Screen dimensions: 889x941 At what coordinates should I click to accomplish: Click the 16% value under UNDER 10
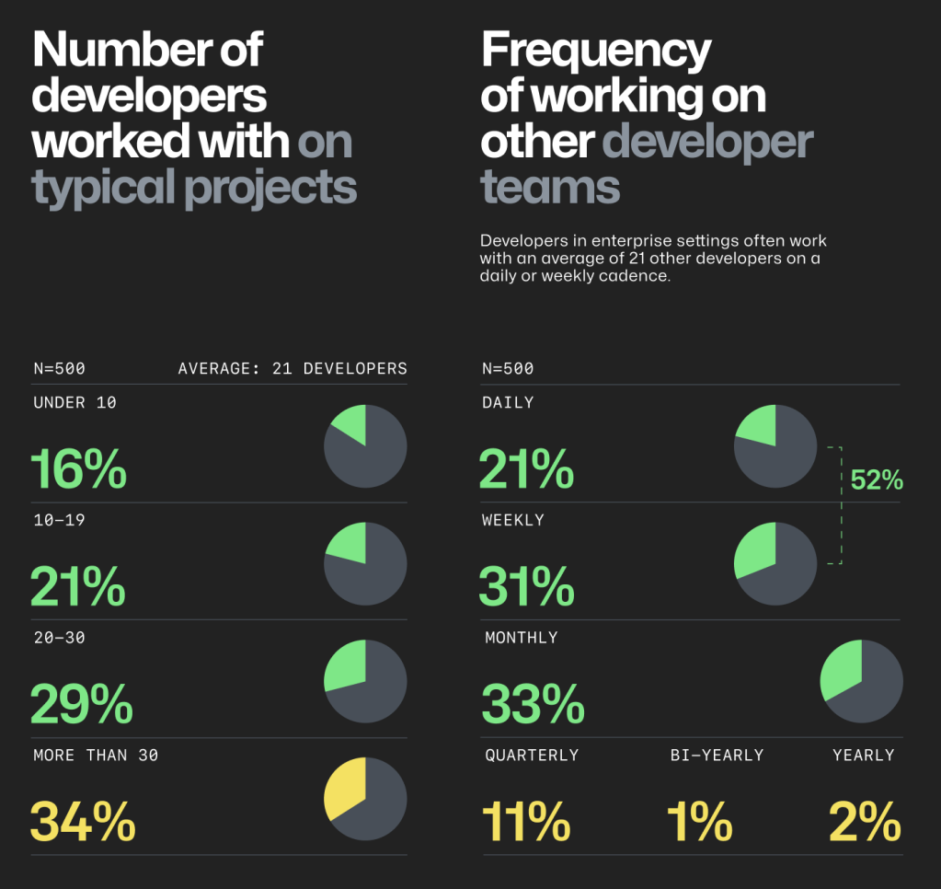click(78, 469)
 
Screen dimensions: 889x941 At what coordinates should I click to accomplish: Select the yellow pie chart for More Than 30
click(365, 799)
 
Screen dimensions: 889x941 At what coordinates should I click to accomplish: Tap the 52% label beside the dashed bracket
click(877, 479)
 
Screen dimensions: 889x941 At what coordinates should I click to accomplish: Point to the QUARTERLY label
click(532, 755)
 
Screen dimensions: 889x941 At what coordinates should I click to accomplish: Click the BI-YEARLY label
click(717, 755)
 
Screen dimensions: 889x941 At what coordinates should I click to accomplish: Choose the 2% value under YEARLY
click(865, 822)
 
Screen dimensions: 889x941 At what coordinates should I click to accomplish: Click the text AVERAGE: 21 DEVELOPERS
click(293, 368)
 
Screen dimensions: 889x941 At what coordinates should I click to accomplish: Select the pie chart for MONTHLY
click(861, 681)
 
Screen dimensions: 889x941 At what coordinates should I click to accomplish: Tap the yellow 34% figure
click(83, 822)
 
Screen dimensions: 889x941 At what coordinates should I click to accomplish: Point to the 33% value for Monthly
click(533, 704)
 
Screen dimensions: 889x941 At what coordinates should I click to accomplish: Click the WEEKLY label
click(512, 520)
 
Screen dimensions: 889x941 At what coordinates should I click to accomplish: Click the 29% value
click(82, 704)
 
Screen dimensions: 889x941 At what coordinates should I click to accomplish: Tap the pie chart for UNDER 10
click(365, 446)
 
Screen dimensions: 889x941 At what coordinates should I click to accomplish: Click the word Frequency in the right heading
click(595, 51)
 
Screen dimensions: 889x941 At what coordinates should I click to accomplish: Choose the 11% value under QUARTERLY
click(525, 822)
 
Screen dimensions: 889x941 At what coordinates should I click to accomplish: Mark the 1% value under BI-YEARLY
click(699, 822)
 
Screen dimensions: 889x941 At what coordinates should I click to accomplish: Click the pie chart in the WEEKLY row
click(775, 563)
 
